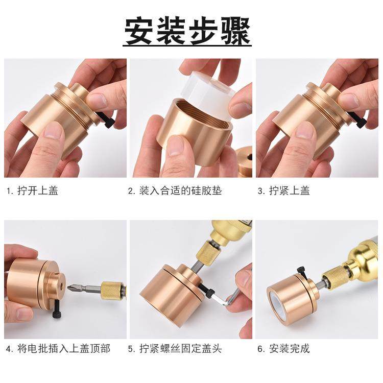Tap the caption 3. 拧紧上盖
(283, 191)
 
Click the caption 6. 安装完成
(283, 349)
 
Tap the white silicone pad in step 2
(204, 92)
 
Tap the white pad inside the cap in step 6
(279, 306)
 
